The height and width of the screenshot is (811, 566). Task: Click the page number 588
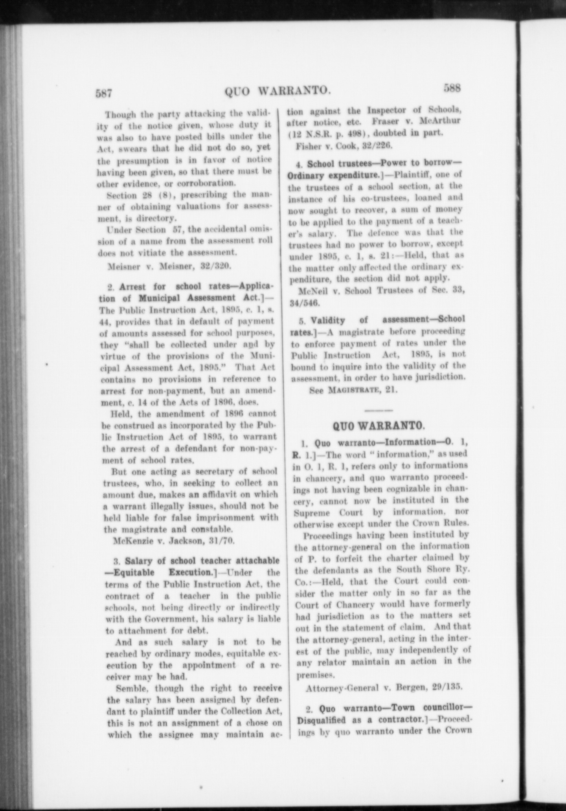click(x=452, y=88)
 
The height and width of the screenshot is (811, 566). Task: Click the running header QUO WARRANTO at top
click(x=277, y=91)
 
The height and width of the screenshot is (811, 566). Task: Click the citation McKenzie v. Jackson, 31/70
click(x=173, y=541)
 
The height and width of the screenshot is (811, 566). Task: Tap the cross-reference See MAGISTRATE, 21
click(x=354, y=390)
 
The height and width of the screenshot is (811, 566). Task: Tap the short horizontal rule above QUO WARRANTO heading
click(x=379, y=410)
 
